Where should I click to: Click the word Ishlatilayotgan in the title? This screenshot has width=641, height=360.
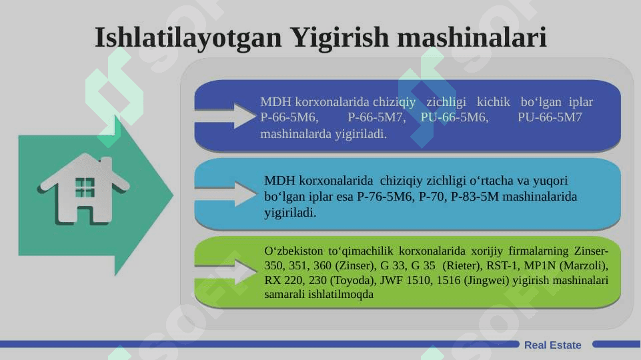point(189,38)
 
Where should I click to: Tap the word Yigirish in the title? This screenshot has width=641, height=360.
point(340,38)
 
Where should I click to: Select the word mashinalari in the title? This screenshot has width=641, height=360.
point(472,37)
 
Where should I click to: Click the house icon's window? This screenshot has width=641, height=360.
point(85,187)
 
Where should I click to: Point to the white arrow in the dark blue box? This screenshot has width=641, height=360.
point(225,116)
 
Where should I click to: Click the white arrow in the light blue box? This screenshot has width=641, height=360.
point(225,194)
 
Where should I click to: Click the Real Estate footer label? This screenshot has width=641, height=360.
point(553,345)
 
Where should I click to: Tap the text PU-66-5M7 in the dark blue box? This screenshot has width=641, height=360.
point(550,117)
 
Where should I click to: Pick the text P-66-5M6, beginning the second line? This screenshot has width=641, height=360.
point(289,117)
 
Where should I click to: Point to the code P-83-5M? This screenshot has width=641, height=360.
point(475,197)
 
